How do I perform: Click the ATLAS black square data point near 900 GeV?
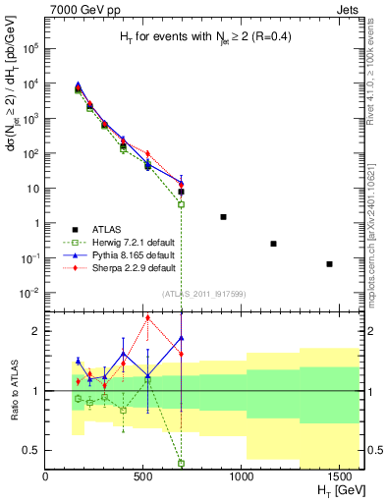(x=224, y=216)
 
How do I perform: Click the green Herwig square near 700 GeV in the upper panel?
(x=181, y=204)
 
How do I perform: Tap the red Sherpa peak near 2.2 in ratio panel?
(x=147, y=317)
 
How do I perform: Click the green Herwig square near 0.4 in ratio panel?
(x=181, y=463)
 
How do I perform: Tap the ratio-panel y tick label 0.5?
(x=32, y=450)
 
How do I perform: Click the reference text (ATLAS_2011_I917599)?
(x=202, y=293)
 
